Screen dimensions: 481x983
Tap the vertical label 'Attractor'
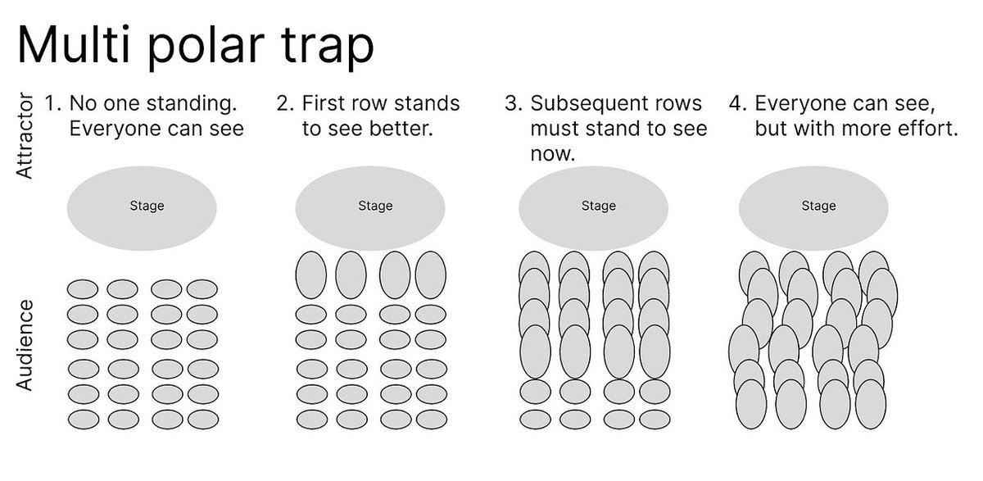click(x=25, y=137)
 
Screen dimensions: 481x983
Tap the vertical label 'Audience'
click(x=25, y=345)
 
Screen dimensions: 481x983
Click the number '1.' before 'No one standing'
click(x=52, y=104)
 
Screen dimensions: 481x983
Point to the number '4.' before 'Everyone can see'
click(x=738, y=104)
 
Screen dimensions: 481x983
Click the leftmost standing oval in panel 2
click(x=310, y=275)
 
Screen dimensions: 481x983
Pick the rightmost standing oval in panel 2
click(x=430, y=275)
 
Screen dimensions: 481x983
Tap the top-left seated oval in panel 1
click(x=83, y=289)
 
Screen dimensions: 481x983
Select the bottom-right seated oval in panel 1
click(x=202, y=420)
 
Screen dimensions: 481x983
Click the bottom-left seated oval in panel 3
click(x=535, y=420)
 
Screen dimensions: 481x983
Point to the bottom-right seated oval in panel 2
click(x=430, y=420)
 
